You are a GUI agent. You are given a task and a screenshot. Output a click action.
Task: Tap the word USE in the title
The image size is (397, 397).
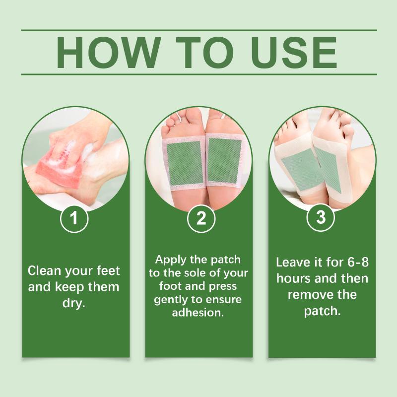pos(294,53)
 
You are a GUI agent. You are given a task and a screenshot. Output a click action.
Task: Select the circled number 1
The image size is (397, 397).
pos(74,218)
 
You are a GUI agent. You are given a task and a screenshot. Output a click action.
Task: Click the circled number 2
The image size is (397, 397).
pos(201,218)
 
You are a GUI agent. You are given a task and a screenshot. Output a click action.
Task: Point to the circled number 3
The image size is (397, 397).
pos(321,217)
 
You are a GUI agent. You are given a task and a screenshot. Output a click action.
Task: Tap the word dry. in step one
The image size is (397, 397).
pos(73,303)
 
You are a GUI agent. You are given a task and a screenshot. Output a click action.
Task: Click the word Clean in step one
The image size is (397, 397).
pos(45,270)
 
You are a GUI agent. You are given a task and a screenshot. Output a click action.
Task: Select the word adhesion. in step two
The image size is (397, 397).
pos(198,313)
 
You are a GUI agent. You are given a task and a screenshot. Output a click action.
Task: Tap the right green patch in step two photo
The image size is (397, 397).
pos(224,161)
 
